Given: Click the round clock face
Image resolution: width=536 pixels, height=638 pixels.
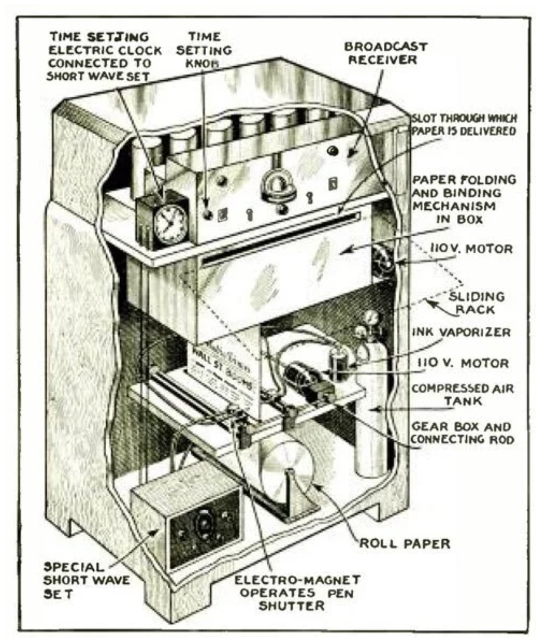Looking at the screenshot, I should [x=170, y=223].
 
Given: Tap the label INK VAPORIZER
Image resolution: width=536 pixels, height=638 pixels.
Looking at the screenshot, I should [x=461, y=332].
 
